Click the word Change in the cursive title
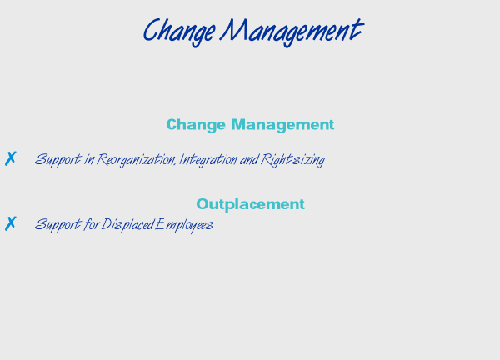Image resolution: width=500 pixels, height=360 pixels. [x=179, y=32]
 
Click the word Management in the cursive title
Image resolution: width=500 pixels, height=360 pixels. [x=292, y=32]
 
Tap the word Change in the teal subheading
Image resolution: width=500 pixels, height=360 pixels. [x=196, y=125]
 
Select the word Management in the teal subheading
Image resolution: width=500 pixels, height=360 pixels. [x=282, y=125]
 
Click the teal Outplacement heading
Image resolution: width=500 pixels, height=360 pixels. [x=250, y=204]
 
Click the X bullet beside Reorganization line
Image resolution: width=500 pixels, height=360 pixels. [x=11, y=158]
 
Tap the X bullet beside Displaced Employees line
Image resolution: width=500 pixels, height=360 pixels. [x=11, y=223]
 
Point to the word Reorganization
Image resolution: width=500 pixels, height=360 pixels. [x=136, y=159]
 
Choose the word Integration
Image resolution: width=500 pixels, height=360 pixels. [x=208, y=159]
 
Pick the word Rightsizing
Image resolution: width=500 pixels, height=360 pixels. [x=292, y=159]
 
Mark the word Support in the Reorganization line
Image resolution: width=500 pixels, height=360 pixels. [x=58, y=159]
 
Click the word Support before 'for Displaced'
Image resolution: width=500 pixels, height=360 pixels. [x=58, y=224]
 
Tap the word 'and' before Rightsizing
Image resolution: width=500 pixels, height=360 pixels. [x=249, y=159]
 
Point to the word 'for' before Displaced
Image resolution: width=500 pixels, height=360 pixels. [x=92, y=224]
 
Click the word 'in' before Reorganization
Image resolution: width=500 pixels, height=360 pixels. [x=89, y=160]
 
